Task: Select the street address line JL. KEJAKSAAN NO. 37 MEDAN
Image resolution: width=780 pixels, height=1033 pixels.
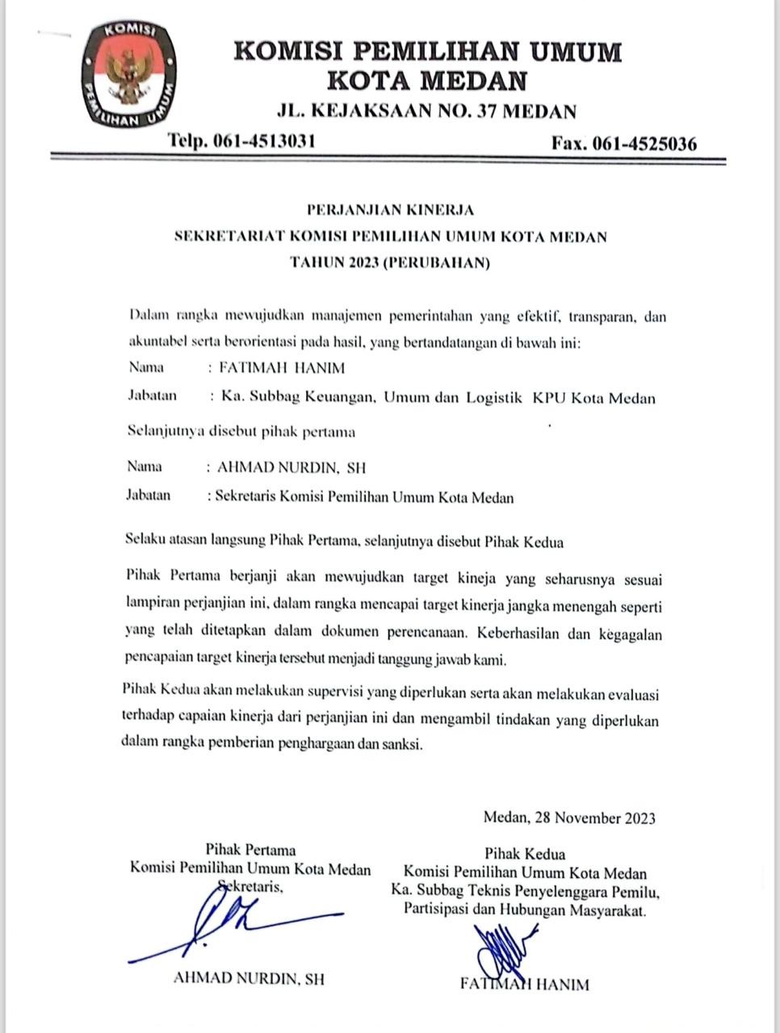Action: (426, 111)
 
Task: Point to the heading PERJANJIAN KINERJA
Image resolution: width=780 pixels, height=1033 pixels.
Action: (391, 210)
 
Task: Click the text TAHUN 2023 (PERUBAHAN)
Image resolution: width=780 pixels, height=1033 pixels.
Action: (391, 262)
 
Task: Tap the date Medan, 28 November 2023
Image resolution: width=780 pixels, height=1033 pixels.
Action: (569, 818)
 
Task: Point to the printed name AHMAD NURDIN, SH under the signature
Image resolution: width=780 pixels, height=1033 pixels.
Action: (249, 979)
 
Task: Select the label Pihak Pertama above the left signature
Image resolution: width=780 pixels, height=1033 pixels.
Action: (250, 850)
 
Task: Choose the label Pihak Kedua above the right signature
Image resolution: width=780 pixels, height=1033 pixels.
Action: (525, 853)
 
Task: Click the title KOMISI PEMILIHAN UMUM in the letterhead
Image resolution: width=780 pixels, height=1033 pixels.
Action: (428, 52)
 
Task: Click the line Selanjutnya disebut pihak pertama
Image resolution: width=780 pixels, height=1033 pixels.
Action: (242, 432)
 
